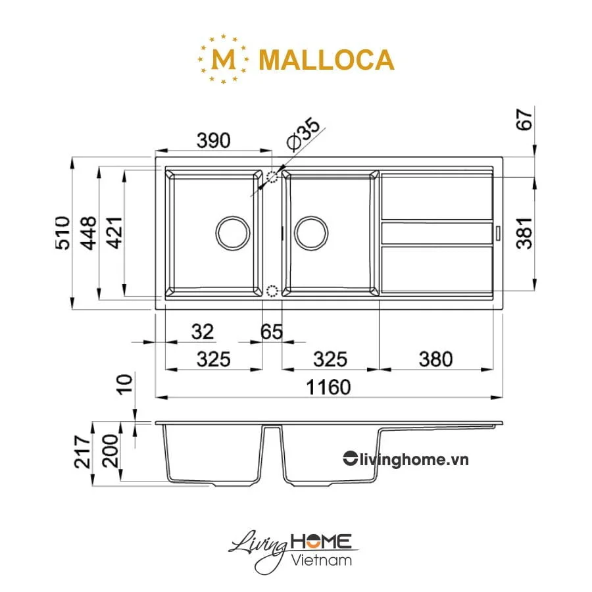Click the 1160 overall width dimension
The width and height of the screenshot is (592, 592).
point(327,387)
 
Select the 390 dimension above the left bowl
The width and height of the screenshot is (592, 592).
point(214,140)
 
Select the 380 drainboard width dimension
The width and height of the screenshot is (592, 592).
point(435,359)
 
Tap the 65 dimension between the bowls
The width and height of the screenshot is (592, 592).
point(271,332)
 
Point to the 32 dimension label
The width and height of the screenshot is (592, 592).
point(203,332)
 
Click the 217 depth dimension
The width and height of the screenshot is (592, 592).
point(82,451)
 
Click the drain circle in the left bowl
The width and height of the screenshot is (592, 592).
point(233,232)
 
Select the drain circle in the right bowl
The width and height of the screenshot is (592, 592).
point(311,232)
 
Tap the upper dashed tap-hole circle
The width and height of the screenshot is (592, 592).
point(273,177)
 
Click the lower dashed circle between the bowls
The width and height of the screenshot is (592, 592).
point(273,291)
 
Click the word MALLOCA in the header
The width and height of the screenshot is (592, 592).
point(327,60)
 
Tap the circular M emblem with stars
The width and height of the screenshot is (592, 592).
point(225,60)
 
